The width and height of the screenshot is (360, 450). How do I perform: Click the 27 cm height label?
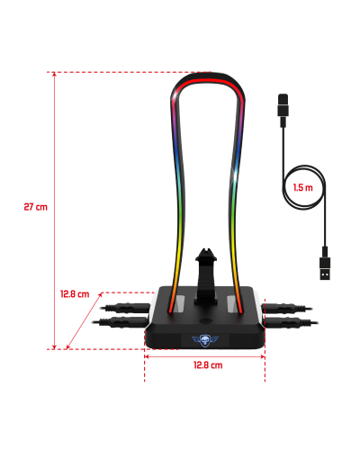36,207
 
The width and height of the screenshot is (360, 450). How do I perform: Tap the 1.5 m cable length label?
303,188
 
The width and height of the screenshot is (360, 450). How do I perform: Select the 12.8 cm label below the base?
208,365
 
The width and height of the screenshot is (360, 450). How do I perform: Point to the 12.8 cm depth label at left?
75,294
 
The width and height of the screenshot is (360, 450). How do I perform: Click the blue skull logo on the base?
205,339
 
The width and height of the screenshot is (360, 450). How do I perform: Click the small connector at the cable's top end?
283,110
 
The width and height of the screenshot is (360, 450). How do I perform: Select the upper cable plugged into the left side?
125,308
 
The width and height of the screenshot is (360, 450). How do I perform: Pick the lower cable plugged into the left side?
121,322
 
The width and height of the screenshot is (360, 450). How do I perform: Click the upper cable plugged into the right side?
286,308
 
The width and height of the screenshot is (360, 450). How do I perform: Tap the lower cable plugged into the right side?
291,323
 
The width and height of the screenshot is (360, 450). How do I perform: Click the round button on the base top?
206,321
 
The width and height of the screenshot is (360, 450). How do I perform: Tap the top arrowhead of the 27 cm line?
54,75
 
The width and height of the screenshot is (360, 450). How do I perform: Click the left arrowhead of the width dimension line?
147,356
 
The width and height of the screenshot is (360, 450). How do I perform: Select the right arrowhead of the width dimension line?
263,356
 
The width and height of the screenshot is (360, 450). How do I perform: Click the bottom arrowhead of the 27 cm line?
54,347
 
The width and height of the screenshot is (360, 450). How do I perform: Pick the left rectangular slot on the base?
181,303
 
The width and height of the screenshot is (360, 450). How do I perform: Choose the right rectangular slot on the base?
231,303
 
